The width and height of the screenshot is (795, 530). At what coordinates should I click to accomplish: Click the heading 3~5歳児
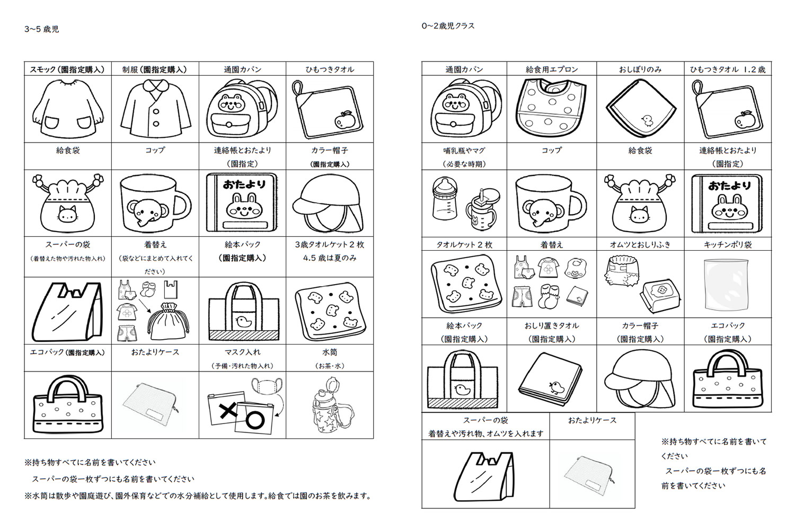(x=41, y=29)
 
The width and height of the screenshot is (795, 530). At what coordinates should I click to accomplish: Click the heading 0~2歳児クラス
(x=448, y=25)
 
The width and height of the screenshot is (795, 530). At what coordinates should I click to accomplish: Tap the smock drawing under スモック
(x=67, y=109)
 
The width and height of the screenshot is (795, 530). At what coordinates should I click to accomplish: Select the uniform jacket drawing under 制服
(x=155, y=109)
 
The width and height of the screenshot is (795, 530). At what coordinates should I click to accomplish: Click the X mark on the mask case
(x=228, y=410)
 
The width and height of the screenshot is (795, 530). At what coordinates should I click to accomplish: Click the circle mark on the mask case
(x=255, y=419)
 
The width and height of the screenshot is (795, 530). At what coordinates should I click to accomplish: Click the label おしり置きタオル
(x=551, y=325)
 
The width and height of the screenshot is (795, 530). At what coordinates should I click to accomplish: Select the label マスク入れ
(x=242, y=352)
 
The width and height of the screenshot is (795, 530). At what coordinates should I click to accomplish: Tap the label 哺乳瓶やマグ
(x=464, y=151)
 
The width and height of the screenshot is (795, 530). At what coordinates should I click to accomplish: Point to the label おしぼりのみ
(x=640, y=69)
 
